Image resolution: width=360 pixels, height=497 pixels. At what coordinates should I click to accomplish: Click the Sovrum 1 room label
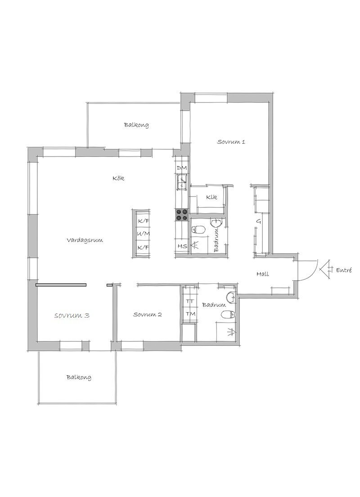click(231, 142)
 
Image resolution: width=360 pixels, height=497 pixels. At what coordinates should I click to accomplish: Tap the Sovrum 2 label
click(148, 314)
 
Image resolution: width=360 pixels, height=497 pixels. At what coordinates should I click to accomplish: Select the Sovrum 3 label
click(72, 315)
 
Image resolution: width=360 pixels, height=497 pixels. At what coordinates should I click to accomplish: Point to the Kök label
click(118, 178)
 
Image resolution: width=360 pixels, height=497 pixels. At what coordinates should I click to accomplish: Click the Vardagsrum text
click(85, 240)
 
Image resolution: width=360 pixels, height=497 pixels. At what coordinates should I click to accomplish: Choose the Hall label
click(263, 274)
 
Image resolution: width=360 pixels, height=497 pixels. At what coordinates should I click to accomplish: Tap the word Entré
click(344, 270)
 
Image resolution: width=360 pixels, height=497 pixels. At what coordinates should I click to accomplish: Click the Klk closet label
click(211, 197)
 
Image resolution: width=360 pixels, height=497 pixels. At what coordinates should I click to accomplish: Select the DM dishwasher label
click(182, 168)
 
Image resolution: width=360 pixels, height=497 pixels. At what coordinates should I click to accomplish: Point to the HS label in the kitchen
click(182, 246)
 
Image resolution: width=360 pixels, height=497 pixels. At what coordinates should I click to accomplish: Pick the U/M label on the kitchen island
click(143, 234)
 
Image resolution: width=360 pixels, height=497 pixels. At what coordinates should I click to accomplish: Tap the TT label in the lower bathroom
click(190, 301)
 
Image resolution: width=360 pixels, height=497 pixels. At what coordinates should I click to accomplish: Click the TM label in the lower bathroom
click(190, 314)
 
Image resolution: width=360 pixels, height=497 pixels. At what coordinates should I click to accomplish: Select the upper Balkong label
click(136, 125)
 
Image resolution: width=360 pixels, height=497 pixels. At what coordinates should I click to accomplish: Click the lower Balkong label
click(79, 377)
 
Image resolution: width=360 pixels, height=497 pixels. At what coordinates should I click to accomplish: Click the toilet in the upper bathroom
click(199, 229)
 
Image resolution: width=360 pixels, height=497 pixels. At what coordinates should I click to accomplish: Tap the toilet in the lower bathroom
click(228, 314)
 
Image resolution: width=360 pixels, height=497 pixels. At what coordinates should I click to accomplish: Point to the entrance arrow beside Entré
click(325, 270)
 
